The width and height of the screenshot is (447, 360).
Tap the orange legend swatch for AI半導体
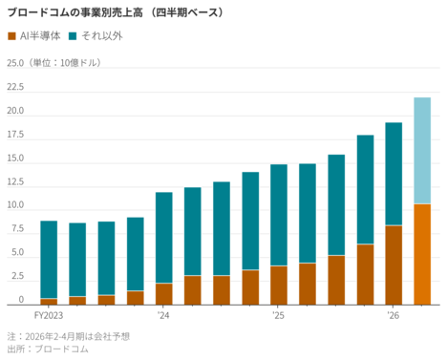[11, 36]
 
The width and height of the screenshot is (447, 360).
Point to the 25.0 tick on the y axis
[14, 64]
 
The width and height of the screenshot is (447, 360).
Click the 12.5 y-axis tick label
[14, 181]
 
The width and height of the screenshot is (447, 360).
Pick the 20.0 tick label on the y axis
[14, 111]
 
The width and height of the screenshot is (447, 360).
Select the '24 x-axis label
[163, 314]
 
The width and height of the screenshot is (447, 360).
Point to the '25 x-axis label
[278, 314]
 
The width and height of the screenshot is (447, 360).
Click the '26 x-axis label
[393, 314]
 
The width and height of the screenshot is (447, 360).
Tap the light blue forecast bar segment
[421, 150]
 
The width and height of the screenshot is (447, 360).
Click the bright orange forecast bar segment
[421, 254]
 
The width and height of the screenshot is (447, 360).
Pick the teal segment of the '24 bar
[163, 238]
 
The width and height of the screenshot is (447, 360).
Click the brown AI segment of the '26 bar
[393, 265]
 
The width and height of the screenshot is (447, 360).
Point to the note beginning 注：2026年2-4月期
[68, 336]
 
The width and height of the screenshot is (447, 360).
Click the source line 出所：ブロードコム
[48, 349]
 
